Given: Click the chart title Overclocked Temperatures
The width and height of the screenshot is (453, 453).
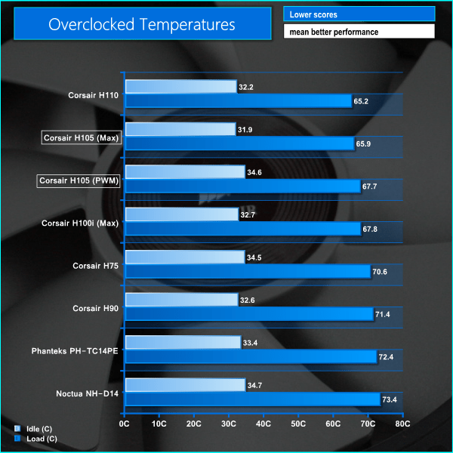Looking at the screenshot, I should pyautogui.click(x=141, y=24).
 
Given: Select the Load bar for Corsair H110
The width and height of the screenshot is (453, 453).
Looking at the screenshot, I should pyautogui.click(x=238, y=101).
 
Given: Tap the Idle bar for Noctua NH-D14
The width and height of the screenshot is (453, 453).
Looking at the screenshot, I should pyautogui.click(x=185, y=385).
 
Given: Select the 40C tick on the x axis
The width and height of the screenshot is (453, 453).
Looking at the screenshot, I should pyautogui.click(x=263, y=425).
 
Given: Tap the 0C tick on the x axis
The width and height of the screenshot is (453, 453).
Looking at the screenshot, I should pyautogui.click(x=125, y=425).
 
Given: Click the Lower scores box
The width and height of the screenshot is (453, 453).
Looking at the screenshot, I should pyautogui.click(x=359, y=14).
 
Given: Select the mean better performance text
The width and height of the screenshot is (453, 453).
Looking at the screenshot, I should pyautogui.click(x=359, y=32).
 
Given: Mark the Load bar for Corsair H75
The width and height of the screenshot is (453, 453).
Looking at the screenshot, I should pyautogui.click(x=247, y=272).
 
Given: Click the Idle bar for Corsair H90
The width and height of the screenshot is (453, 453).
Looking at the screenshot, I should pyautogui.click(x=181, y=300).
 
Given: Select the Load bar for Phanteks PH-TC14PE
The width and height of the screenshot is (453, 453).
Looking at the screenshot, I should pyautogui.click(x=250, y=357).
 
